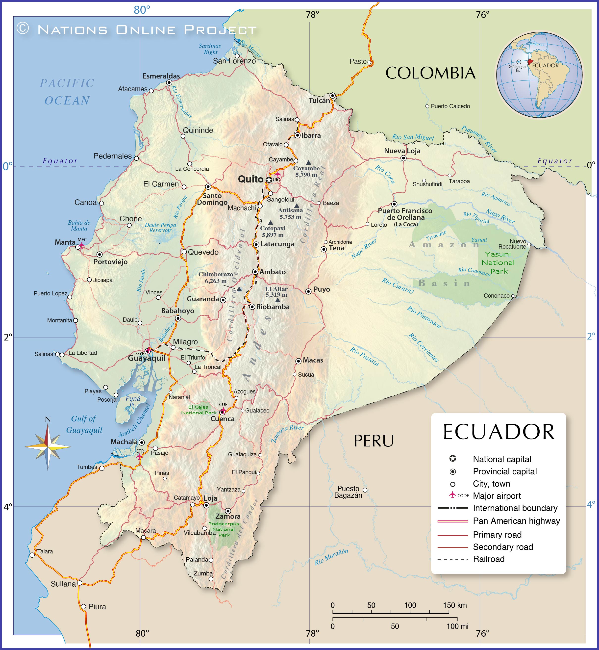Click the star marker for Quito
[269, 180]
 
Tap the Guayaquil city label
[147, 358]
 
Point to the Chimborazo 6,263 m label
[216, 278]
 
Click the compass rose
[48, 447]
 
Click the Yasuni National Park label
[498, 262]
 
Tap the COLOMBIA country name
[430, 73]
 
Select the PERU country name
[374, 441]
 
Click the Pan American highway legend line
[452, 521]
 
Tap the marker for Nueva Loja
[403, 158]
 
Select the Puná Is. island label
[133, 401]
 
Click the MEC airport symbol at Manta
[82, 245]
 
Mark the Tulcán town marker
[333, 96]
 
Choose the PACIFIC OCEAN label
[67, 92]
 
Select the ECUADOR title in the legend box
[499, 432]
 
